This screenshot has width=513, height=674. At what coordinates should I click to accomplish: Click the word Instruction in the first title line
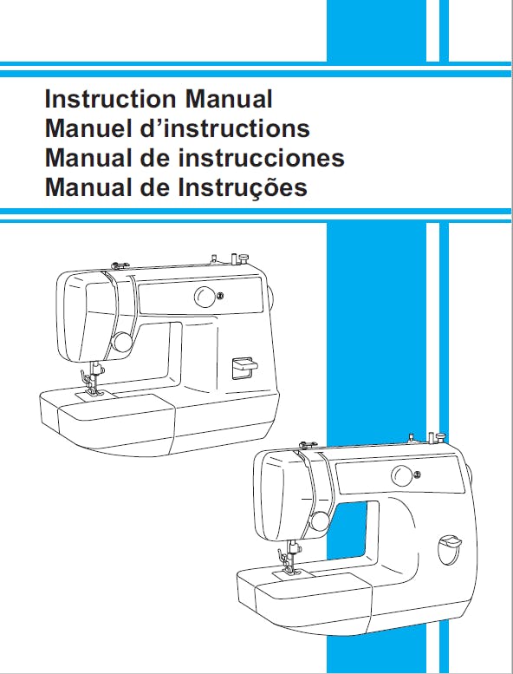point(110,99)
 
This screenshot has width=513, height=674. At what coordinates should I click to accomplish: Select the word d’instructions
point(225,128)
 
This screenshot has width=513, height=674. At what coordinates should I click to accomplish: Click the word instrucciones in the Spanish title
point(261,158)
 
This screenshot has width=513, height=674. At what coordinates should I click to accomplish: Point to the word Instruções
point(243,188)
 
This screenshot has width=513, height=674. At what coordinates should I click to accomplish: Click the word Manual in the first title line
point(229,99)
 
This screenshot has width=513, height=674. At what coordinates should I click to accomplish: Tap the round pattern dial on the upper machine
point(205,297)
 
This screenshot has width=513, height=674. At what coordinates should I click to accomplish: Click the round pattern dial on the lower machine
point(402,476)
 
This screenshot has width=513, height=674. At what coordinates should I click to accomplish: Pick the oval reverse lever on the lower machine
point(449,550)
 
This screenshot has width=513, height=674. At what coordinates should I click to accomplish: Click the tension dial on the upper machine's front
point(122,342)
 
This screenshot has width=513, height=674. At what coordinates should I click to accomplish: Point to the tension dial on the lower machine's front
point(320,521)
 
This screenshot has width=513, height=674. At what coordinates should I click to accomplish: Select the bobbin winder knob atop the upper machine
point(244,258)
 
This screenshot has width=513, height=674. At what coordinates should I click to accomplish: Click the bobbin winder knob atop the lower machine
point(440,438)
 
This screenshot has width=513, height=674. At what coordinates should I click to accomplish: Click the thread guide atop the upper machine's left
point(120,265)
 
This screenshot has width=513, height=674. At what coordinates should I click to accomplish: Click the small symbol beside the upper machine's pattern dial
point(220,295)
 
